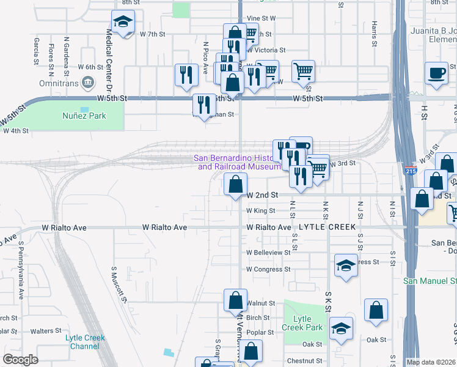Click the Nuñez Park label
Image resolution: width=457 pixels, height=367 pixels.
[84, 116]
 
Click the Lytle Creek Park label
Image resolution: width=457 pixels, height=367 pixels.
[302, 323]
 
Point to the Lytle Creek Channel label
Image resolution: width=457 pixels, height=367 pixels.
[85, 342]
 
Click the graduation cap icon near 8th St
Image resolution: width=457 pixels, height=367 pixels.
[123, 23]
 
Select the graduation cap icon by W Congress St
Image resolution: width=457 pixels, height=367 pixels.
[346, 266]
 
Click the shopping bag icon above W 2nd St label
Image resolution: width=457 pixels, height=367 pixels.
[235, 183]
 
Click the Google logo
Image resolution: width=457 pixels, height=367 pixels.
[21, 360]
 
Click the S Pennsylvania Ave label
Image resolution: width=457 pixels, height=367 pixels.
[20, 270]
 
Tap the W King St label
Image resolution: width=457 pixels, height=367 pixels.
[261, 210]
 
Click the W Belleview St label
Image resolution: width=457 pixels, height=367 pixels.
[268, 252]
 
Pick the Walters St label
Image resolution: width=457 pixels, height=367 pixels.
[42, 331]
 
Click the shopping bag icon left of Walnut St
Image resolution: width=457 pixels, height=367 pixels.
[235, 300]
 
